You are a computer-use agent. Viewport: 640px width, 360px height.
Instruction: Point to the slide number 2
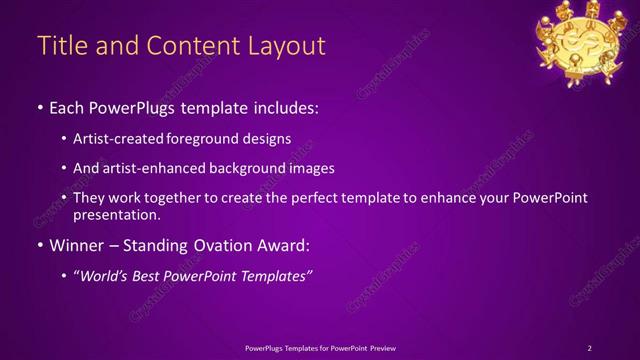(x=589, y=347)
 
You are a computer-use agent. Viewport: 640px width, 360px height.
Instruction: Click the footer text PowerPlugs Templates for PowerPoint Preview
(x=320, y=347)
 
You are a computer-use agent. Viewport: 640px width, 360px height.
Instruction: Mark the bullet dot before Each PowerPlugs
(x=40, y=106)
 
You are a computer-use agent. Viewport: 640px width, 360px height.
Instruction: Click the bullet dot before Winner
(x=40, y=244)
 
